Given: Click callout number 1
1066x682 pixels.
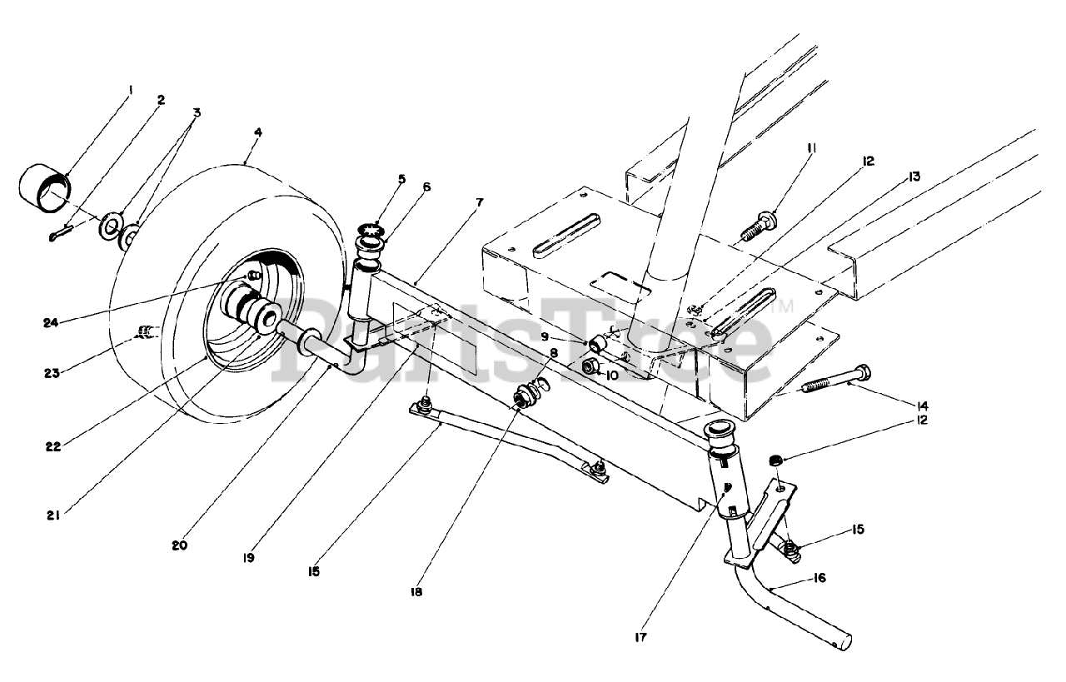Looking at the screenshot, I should click(x=130, y=89).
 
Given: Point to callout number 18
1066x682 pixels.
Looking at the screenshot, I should click(x=417, y=592).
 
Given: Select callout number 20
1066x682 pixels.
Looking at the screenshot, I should click(x=180, y=546).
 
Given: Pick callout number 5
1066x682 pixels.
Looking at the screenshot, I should click(x=401, y=178).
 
